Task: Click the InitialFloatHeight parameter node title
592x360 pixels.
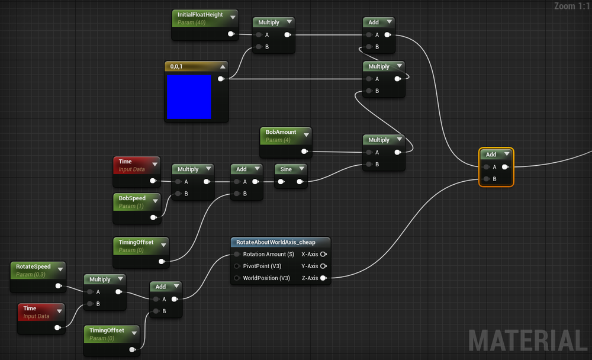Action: click(x=200, y=14)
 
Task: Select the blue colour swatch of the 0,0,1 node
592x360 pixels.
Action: click(x=189, y=97)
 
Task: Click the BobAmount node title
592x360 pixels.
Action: click(x=281, y=132)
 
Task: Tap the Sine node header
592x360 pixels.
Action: click(x=286, y=169)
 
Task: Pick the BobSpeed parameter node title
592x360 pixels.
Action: click(x=132, y=198)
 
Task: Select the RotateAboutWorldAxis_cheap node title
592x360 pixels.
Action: click(x=276, y=242)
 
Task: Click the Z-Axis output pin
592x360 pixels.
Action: click(x=323, y=278)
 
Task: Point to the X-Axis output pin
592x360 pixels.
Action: click(x=323, y=255)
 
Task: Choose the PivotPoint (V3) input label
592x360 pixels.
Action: click(x=262, y=266)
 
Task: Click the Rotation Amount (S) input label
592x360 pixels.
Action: click(x=268, y=255)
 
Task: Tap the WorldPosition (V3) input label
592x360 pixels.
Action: click(x=266, y=278)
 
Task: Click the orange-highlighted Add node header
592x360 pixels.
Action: click(x=491, y=155)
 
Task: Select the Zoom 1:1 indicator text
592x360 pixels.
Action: click(x=572, y=7)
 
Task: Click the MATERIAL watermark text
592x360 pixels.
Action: click(x=527, y=340)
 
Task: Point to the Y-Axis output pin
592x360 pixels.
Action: click(x=323, y=266)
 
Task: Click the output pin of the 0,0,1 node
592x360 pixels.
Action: click(x=221, y=79)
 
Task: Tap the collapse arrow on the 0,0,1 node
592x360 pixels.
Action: click(x=222, y=66)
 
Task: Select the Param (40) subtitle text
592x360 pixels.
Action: click(x=192, y=22)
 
